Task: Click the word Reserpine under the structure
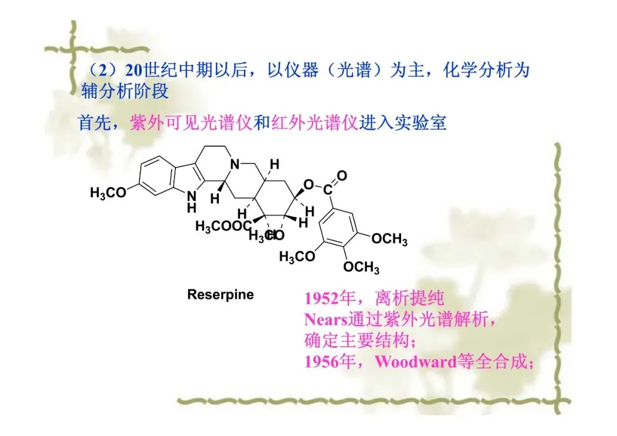point(221,295)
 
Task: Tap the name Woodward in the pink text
point(415,362)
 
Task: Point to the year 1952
point(320,298)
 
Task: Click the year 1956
point(320,362)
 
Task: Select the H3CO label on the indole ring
point(108,193)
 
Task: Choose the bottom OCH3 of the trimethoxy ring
point(361,267)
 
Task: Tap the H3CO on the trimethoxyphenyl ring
point(297,257)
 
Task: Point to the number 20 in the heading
point(134,71)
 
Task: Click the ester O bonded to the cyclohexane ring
point(308,184)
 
